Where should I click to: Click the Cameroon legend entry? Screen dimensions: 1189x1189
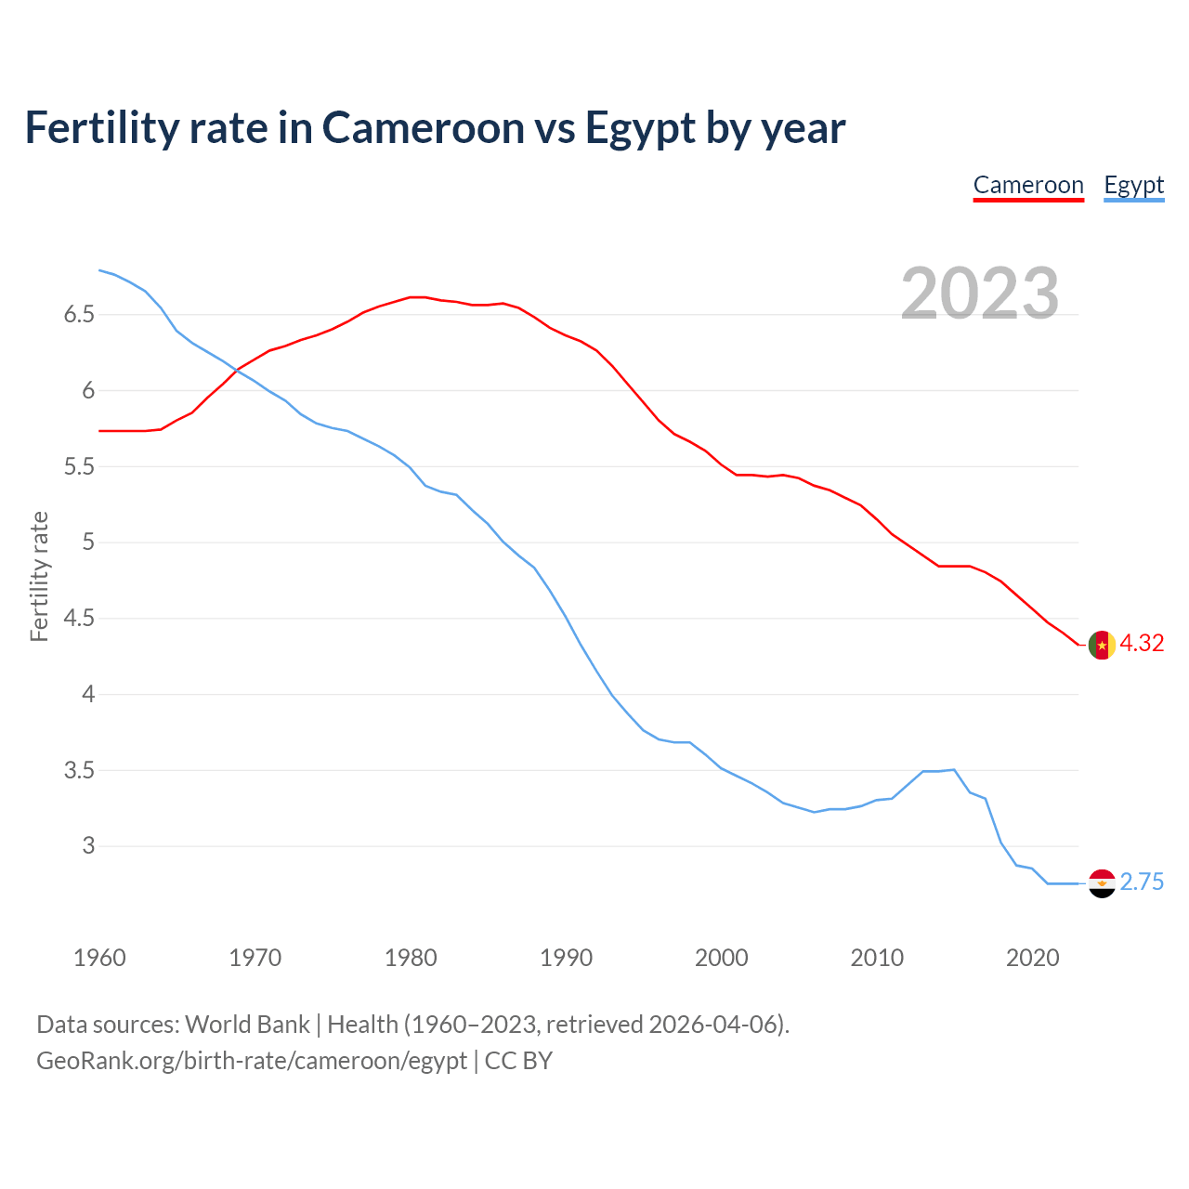1028,186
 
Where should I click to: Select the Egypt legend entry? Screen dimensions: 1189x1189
1133,186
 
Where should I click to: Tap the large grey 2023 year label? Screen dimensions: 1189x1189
980,294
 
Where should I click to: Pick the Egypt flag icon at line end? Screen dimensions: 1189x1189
1102,883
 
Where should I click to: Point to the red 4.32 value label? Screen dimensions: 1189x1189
1142,644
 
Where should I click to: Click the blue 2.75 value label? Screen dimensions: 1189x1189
1142,882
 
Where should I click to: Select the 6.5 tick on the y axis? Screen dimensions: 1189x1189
79,315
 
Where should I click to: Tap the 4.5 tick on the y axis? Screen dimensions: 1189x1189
79,619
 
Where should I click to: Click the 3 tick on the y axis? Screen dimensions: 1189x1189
88,846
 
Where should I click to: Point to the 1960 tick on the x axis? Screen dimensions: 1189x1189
99,958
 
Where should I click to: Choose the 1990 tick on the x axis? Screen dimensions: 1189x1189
566,958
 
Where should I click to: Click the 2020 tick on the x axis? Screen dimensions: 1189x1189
1032,958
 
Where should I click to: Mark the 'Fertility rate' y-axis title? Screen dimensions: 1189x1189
39,576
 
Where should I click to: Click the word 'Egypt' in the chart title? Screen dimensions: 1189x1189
640,128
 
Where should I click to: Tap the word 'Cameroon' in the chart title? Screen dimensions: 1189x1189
423,127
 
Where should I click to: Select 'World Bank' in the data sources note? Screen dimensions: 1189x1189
247,1025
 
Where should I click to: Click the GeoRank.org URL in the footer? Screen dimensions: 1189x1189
251,1061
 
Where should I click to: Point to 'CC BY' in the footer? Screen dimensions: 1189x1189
518,1061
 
